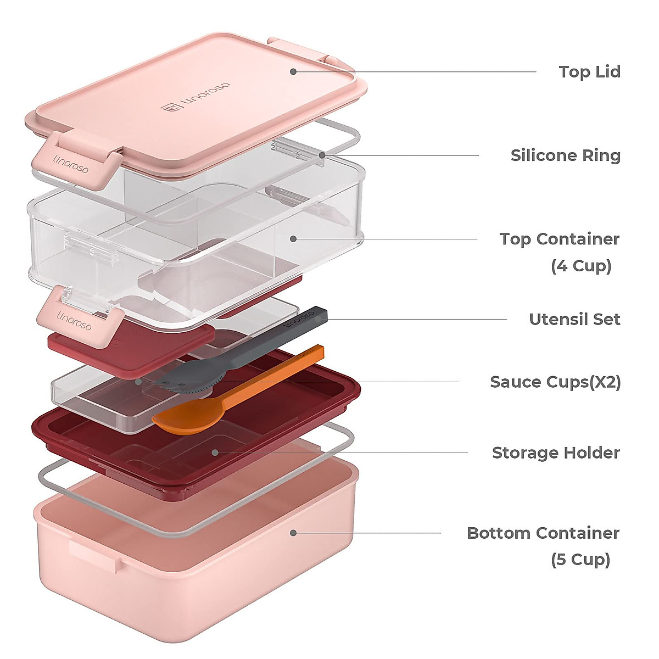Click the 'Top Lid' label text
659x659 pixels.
coord(589,72)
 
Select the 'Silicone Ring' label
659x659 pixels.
coord(565,155)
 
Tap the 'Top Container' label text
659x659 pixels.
coord(559,239)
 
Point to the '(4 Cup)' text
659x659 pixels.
coord(581,266)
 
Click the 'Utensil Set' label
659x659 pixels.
coord(574,319)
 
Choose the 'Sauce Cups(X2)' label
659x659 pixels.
coord(555,382)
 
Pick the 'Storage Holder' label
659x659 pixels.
coord(556,453)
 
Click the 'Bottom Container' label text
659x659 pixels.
coord(543,533)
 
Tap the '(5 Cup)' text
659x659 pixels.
coord(580,560)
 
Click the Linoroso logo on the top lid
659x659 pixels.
coord(196,97)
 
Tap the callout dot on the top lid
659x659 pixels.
coord(293,71)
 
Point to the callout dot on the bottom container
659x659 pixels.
coord(293,533)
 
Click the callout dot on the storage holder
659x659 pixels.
coord(215,453)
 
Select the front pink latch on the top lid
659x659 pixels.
coord(75,161)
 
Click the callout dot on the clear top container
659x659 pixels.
coord(293,239)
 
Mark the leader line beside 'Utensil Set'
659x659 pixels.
coord(417,319)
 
